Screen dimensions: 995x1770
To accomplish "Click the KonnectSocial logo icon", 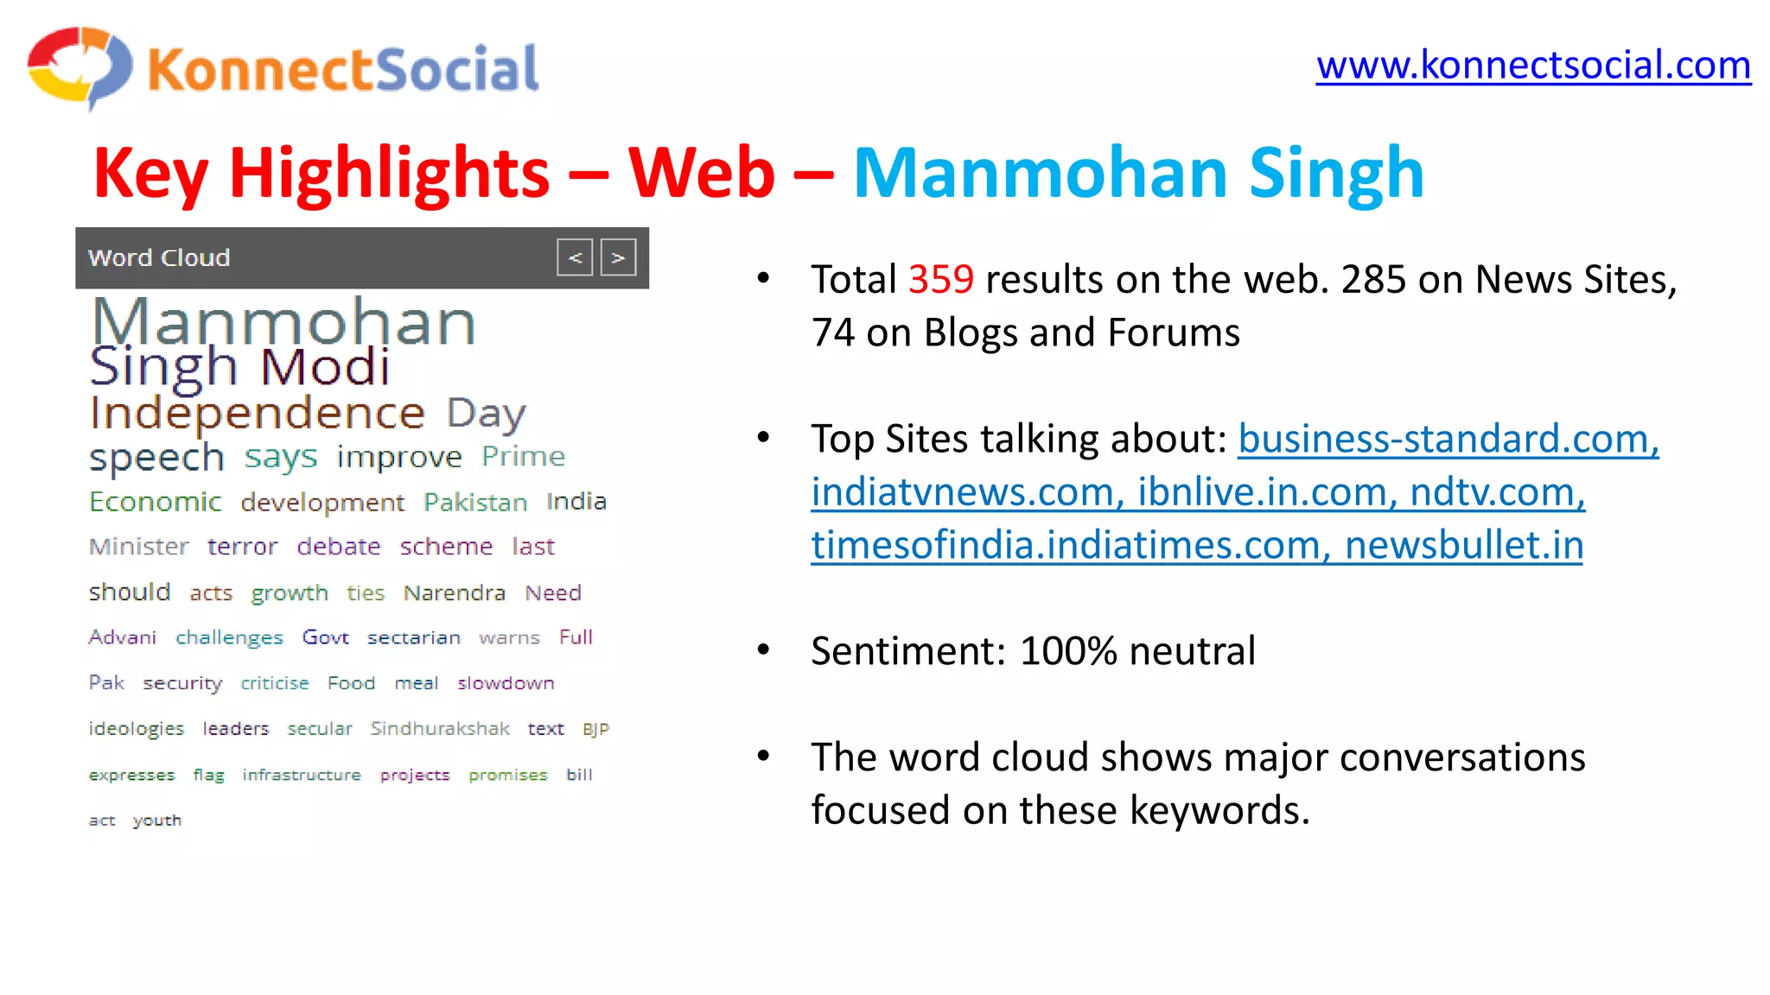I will click(80, 67).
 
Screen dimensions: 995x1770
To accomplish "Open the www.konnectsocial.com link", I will click(1533, 66).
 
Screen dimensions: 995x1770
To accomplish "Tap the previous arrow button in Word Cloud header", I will click(575, 257).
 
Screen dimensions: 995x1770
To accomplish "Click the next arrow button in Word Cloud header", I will click(618, 257).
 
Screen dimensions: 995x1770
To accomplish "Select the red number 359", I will click(941, 280).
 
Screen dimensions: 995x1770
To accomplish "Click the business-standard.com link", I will click(1448, 439).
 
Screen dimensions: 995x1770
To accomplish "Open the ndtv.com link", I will click(1497, 492).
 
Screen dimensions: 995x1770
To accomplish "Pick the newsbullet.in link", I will click(1464, 546).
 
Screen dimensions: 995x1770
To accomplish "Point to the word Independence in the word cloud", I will click(258, 413).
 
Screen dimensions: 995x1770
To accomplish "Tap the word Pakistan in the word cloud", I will click(475, 502).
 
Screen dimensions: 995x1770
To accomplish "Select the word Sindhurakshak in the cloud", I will click(440, 728).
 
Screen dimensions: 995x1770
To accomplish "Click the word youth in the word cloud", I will click(157, 820).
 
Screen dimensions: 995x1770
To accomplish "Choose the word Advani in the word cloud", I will click(123, 637).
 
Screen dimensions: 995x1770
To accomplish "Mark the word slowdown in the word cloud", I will click(506, 683).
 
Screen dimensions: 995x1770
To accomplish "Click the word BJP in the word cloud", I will click(595, 729).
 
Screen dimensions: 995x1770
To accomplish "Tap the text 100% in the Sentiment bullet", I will click(1068, 651).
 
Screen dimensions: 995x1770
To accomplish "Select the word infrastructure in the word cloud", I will click(302, 775).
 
